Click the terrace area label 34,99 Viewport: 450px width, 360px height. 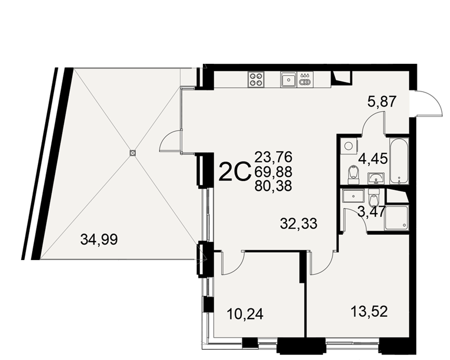point(99,239)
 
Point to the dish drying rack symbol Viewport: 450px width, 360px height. point(305,79)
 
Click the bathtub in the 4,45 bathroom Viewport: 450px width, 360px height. point(399,161)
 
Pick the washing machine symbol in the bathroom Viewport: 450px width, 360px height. point(349,146)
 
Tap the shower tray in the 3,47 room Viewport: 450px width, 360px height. point(396,217)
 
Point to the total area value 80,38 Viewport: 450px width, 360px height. point(273,186)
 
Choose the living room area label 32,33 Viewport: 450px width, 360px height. point(299,223)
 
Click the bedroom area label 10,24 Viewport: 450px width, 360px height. point(245,314)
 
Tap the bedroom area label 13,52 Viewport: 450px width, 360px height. point(369,311)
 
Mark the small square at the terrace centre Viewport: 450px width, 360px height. point(132,153)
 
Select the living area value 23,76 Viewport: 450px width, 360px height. point(273,157)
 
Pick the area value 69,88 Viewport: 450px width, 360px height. point(273,171)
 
